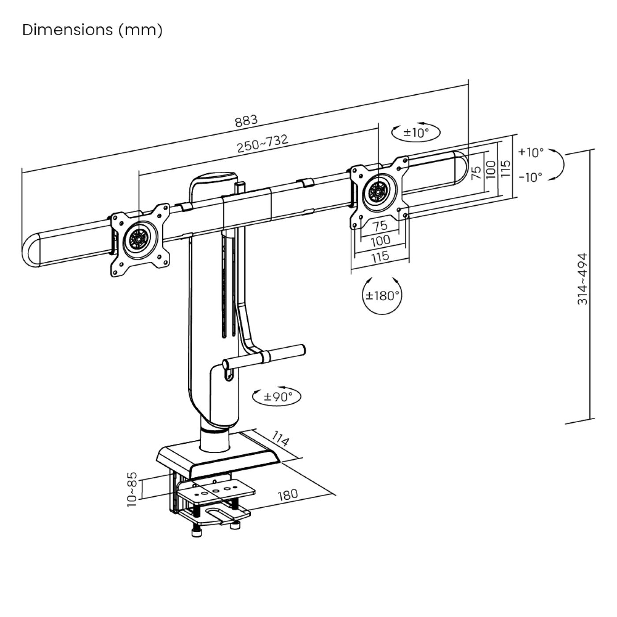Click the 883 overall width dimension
[245, 121]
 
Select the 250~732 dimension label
[263, 144]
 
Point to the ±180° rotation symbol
[382, 295]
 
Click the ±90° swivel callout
[276, 396]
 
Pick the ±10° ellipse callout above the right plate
[416, 132]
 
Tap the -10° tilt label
[531, 177]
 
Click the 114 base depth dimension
[280, 439]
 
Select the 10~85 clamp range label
[132, 489]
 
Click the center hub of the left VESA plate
[139, 238]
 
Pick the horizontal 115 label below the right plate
[380, 256]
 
